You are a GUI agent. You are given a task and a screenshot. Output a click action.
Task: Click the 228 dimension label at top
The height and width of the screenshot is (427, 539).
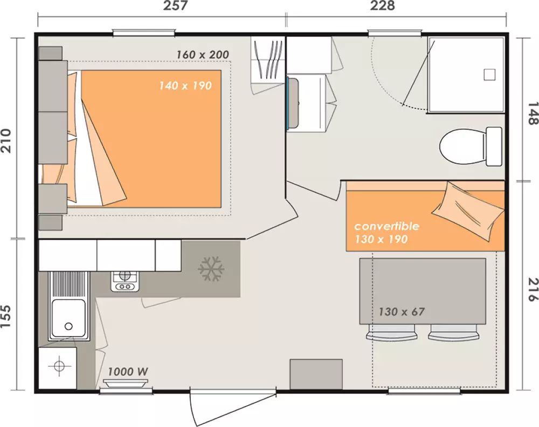pos(382,6)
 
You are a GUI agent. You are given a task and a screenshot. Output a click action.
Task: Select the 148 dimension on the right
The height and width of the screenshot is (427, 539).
pos(532,113)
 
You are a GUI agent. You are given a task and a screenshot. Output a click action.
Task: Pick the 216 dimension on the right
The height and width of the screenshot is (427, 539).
pos(532,291)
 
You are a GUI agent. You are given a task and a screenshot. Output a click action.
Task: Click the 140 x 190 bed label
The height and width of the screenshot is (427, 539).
pos(185,85)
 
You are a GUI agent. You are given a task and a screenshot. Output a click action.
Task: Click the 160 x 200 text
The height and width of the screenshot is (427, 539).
pos(203,54)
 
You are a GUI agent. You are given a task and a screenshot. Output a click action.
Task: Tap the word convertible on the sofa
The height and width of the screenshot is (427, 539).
pos(386,226)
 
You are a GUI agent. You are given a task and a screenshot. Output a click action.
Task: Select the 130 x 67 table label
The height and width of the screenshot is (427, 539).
pos(402,311)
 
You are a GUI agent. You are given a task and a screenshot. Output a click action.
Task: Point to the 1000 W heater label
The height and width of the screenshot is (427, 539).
pos(128,372)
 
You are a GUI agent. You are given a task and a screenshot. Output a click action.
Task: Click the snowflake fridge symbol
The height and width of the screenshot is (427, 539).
pos(211,268)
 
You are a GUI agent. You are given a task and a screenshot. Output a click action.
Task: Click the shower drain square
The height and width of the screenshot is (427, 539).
pos(489,75)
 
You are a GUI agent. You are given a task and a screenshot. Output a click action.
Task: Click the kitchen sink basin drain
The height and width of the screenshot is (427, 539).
pos(68,326)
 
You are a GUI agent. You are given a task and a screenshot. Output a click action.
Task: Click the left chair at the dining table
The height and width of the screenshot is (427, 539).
pos(392,334)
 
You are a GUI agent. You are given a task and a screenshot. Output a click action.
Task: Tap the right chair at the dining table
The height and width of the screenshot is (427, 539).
pos(454,334)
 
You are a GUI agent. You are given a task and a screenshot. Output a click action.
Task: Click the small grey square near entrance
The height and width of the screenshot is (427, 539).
pos(316,374)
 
